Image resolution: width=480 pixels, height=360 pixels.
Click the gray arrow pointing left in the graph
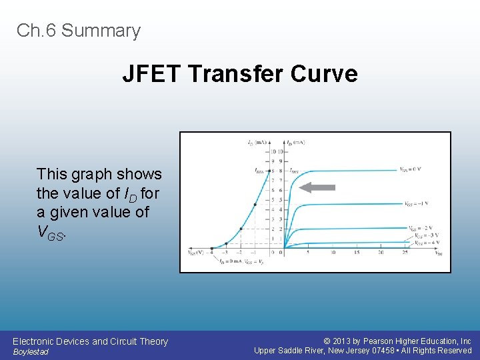coord(317,188)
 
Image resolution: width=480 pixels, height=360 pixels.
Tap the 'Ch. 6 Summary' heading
coord(79,31)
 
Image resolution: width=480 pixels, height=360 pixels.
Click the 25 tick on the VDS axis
coord(405,253)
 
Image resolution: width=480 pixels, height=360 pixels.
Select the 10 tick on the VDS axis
coord(331,253)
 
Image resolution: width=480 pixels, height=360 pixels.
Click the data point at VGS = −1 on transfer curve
coord(255,205)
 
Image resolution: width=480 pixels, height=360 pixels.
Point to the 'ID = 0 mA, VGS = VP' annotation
coord(240,261)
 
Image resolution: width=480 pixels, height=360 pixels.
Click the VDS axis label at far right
coord(438,253)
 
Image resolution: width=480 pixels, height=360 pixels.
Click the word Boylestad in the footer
coord(31,352)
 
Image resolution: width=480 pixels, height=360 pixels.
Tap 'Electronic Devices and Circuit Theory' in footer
coord(90,341)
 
